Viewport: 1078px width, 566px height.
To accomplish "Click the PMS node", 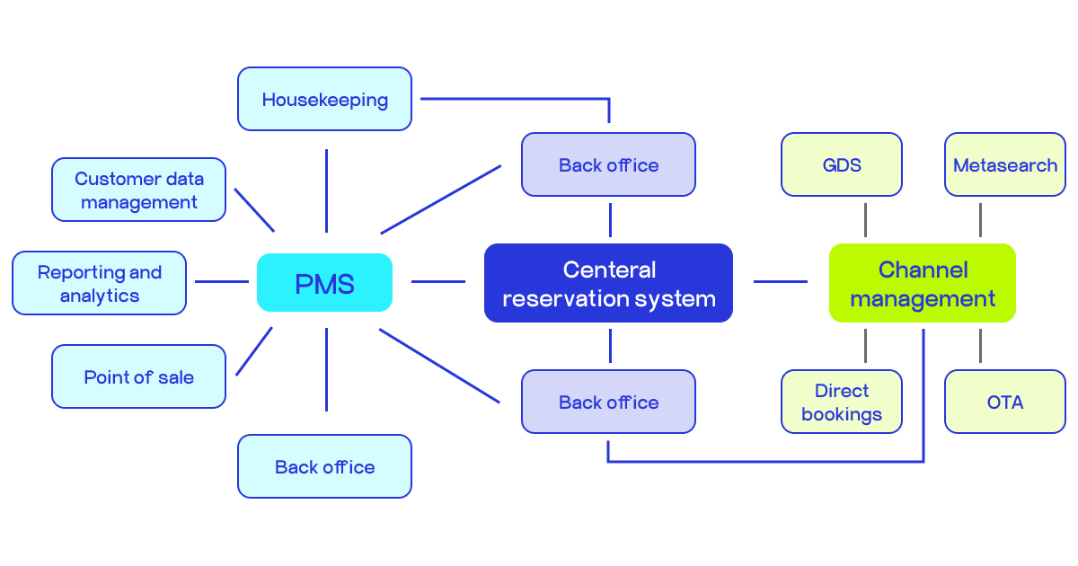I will coord(324,283).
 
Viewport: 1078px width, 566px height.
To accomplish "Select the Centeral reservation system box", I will coord(608,283).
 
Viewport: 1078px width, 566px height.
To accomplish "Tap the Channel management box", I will coord(922,283).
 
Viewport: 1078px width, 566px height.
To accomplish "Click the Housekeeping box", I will coord(324,99).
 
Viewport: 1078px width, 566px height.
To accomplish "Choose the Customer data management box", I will coord(138,190).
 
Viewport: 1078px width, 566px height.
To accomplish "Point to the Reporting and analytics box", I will coord(99,283).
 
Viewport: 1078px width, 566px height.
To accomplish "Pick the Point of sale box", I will coord(138,376).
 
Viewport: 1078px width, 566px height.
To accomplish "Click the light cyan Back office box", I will coord(324,466).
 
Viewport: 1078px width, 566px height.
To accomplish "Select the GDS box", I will coord(841,164).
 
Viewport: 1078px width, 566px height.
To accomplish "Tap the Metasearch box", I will coord(1004,164).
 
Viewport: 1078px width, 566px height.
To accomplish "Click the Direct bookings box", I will coord(841,402).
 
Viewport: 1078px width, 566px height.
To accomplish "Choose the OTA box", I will coord(1004,402).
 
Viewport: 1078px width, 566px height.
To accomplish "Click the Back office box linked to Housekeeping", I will coord(608,164).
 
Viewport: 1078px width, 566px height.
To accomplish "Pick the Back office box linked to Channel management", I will coord(608,402).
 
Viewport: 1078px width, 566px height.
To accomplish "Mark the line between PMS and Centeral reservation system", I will coord(437,281).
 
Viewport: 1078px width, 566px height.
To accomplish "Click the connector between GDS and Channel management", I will coord(865,220).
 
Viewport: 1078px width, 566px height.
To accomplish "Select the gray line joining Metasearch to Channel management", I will coord(980,220).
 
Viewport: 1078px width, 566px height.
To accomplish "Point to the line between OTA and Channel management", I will coord(980,346).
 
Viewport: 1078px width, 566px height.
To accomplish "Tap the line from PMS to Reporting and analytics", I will coord(221,281).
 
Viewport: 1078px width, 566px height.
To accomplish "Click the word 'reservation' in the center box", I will coord(562,298).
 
